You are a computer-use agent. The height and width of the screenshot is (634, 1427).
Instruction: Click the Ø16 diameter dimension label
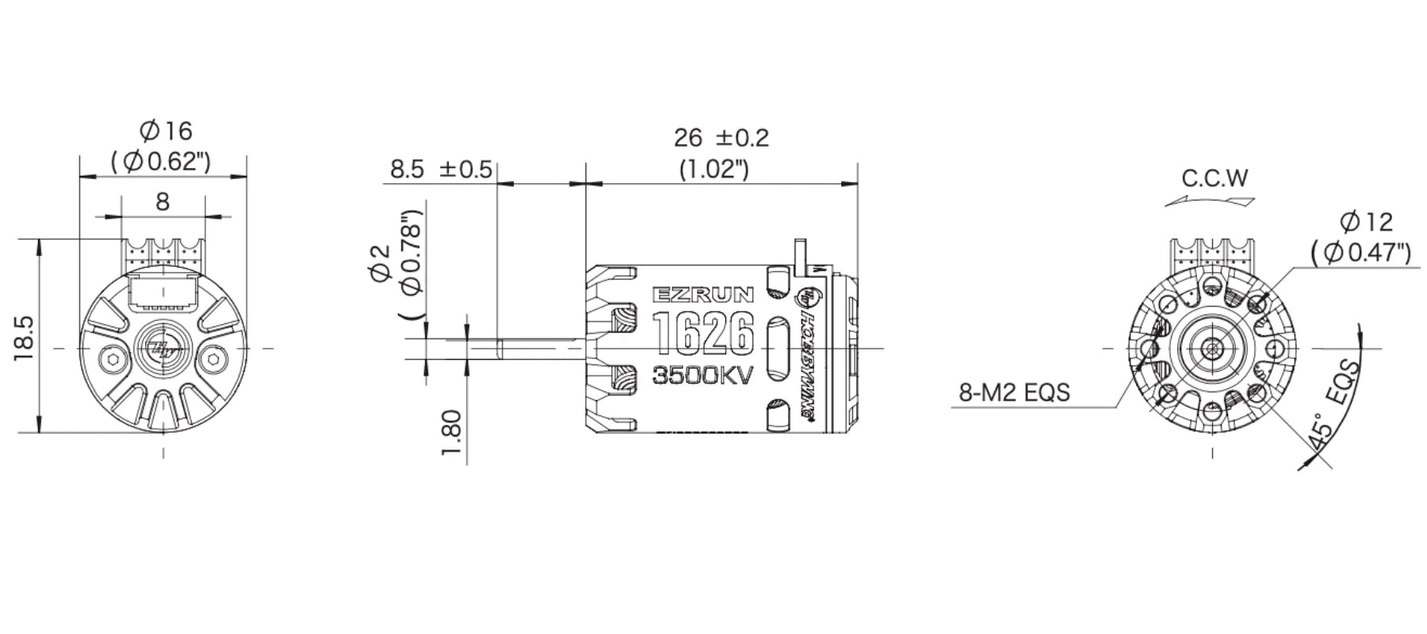point(165,131)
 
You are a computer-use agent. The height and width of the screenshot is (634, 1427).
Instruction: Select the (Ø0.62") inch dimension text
point(162,161)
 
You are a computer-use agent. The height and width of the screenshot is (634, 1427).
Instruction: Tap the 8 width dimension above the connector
point(163,202)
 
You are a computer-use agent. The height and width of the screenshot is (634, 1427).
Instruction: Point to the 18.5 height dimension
point(23,337)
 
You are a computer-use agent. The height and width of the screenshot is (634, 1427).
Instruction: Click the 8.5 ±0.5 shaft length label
point(441,170)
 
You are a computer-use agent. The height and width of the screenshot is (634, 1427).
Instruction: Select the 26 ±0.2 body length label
point(721,138)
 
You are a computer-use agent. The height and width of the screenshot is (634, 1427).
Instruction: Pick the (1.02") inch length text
point(713,169)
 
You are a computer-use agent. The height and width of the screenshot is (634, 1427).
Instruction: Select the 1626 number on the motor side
point(702,333)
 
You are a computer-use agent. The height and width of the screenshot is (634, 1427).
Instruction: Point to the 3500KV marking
point(702,375)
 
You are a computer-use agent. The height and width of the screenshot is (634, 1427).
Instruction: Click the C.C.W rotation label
point(1215,178)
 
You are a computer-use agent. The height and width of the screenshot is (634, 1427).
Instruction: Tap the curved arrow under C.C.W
point(1211,201)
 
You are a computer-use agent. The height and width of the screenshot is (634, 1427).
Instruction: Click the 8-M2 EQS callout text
point(1014,391)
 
